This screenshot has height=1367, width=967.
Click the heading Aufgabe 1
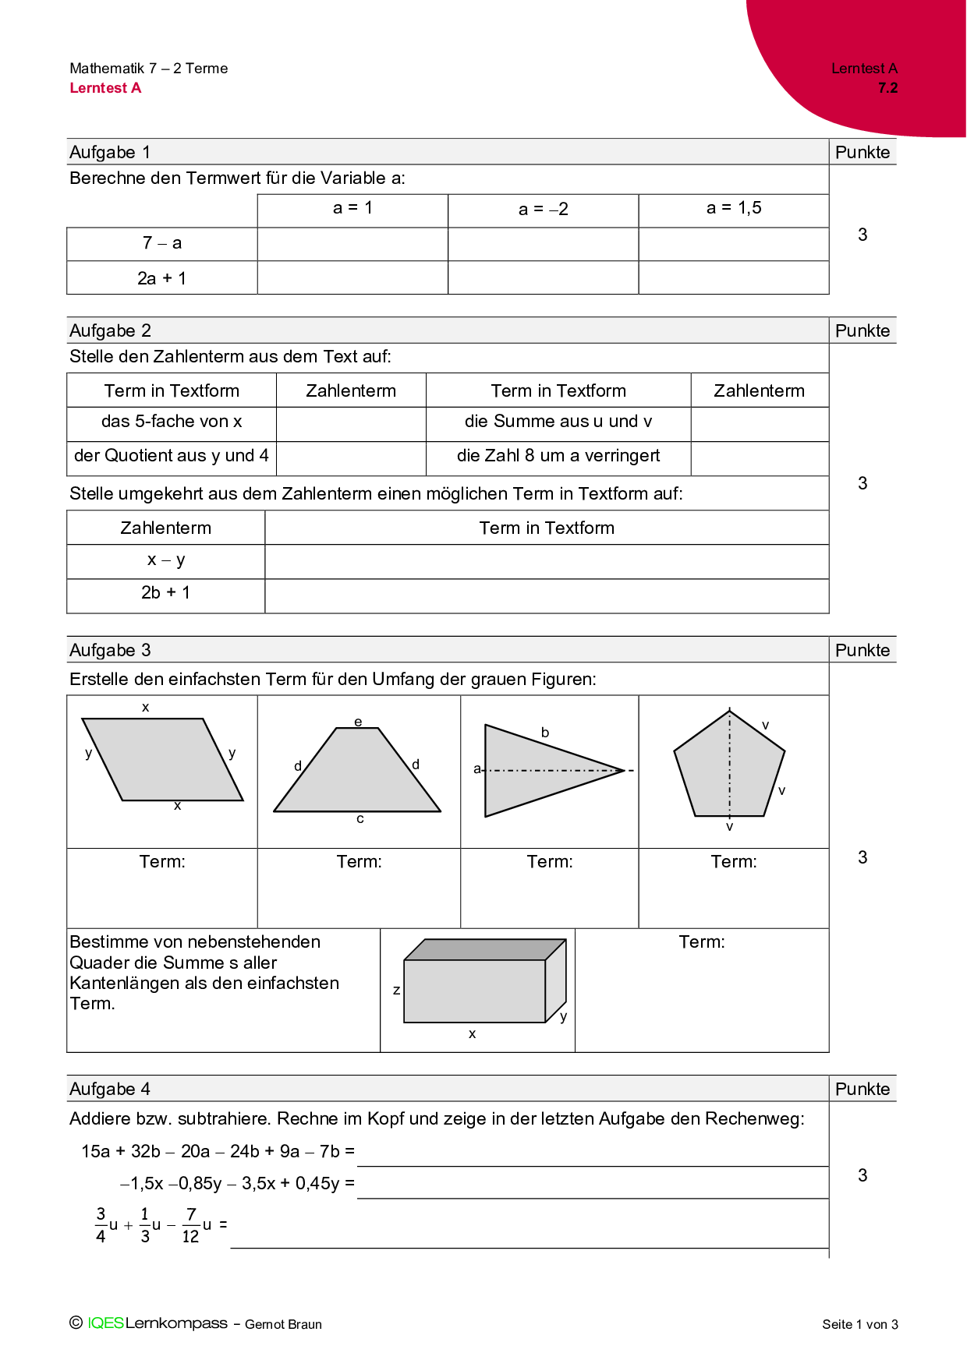pyautogui.click(x=110, y=152)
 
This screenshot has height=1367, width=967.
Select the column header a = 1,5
pyautogui.click(x=733, y=208)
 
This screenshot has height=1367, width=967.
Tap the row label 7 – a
pyautogui.click(x=161, y=243)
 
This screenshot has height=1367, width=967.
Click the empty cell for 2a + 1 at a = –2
pyautogui.click(x=543, y=277)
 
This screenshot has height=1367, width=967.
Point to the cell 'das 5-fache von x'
pyautogui.click(x=172, y=422)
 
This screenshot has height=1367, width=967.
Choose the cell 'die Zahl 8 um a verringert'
pyautogui.click(x=558, y=456)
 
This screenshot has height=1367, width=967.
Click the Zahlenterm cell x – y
pyautogui.click(x=165, y=560)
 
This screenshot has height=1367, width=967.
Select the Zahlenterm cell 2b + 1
pyautogui.click(x=165, y=593)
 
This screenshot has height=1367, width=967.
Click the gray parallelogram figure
pyautogui.click(x=162, y=759)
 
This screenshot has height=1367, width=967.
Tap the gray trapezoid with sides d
pyautogui.click(x=357, y=773)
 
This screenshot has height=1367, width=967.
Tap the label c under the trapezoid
pyautogui.click(x=360, y=819)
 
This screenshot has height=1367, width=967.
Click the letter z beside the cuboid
pyautogui.click(x=396, y=990)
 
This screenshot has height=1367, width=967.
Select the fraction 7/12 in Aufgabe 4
pyautogui.click(x=191, y=1225)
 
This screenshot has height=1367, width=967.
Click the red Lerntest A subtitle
pyautogui.click(x=105, y=88)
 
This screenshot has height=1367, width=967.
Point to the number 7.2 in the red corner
pyautogui.click(x=887, y=88)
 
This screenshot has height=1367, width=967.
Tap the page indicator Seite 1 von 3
pyautogui.click(x=859, y=1324)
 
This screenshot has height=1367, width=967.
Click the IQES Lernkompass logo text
pyautogui.click(x=158, y=1323)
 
